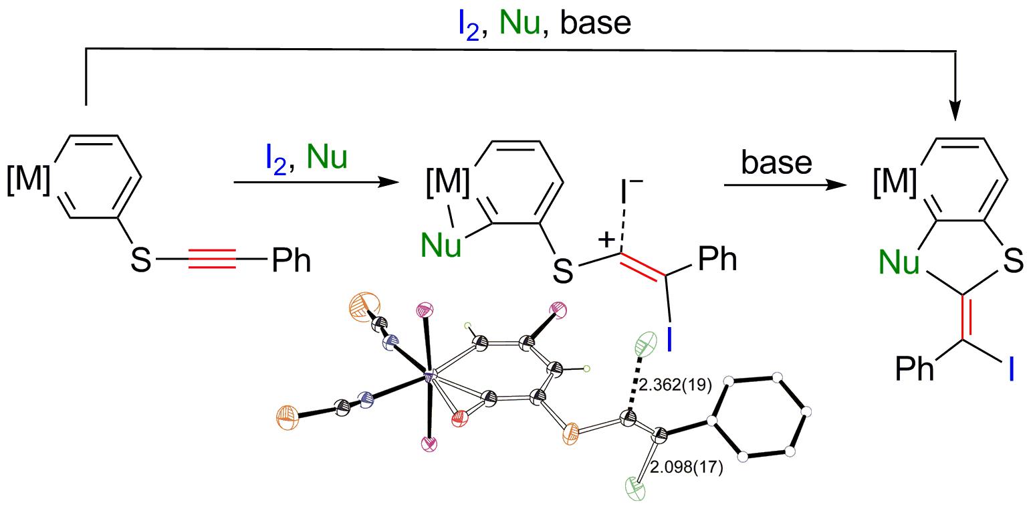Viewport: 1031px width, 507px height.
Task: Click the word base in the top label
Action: [x=595, y=23]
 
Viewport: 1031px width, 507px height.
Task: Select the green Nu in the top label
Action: [x=520, y=23]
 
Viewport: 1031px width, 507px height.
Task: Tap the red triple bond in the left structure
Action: [x=212, y=260]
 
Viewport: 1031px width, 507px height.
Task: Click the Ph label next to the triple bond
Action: [x=292, y=260]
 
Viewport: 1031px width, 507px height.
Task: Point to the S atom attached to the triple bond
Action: [x=140, y=261]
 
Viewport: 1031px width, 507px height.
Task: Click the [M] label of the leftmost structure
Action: [x=28, y=179]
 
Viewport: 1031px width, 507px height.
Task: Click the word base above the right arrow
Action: [x=777, y=163]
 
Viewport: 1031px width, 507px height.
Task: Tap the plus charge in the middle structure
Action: [x=607, y=241]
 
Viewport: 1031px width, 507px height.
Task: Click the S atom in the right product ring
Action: [x=1013, y=262]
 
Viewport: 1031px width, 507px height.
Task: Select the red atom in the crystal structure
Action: [x=459, y=419]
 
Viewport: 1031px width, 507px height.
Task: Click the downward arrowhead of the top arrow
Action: [x=955, y=110]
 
